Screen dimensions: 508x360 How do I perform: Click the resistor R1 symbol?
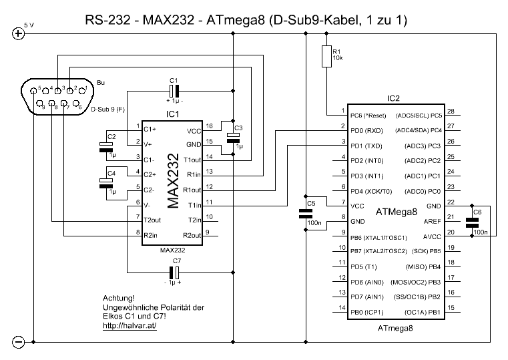coord(326,56)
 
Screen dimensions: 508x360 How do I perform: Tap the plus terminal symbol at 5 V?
coord(18,33)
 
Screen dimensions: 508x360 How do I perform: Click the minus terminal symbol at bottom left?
coord(18,342)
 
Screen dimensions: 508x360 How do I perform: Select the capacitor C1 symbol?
coord(174,91)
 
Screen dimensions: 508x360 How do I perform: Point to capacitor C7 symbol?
coord(174,273)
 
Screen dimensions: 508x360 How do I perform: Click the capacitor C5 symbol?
coord(306,214)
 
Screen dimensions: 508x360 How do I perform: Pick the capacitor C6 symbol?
coord(472,222)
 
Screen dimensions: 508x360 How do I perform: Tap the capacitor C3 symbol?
coord(233,138)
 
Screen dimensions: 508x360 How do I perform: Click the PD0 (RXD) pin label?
coord(366,131)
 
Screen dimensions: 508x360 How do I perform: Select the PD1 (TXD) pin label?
coord(366,146)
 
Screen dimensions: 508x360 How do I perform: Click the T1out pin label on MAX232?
coord(192,160)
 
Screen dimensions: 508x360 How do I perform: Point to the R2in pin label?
coord(151,235)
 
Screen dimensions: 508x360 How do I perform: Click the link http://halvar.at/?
coord(130,325)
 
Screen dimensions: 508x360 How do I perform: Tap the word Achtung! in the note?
coord(119,298)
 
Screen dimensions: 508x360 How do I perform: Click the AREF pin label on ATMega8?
coord(432,221)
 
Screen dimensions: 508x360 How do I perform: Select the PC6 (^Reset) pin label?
coord(368,116)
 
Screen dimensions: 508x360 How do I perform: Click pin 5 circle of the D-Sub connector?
coord(33,91)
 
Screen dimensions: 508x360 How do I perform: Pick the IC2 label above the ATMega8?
coord(393,98)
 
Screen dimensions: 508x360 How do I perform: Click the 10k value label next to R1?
coord(338,58)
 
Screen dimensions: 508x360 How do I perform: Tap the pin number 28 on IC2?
coord(451,111)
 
